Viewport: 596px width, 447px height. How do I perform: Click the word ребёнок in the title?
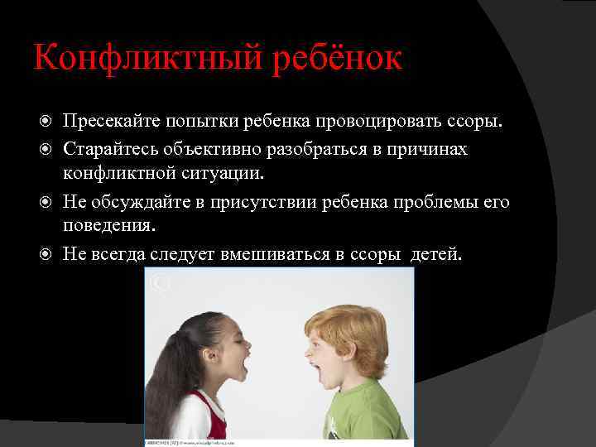click(335, 58)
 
